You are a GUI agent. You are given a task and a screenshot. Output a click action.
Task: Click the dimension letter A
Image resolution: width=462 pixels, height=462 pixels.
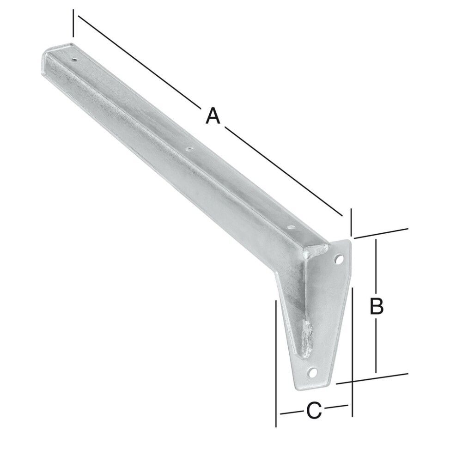click(212, 115)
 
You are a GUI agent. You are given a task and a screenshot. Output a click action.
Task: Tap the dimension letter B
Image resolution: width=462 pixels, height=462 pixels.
click(377, 306)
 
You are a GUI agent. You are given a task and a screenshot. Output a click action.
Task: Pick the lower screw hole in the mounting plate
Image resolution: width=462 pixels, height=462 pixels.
click(313, 372)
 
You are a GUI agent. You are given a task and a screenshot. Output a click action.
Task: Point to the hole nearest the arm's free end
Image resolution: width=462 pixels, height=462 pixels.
click(74, 59)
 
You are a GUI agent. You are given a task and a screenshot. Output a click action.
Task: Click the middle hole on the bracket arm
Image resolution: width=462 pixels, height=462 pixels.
click(188, 149)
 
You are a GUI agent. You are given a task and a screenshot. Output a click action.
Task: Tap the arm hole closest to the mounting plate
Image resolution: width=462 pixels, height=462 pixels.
click(290, 227)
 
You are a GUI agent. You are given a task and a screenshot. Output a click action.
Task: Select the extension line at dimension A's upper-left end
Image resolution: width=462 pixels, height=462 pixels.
click(73, 23)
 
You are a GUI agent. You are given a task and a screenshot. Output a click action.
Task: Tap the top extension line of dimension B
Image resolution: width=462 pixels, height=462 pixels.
click(381, 233)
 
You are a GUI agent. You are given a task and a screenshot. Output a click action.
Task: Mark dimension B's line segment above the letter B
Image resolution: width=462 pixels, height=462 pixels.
click(377, 266)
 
